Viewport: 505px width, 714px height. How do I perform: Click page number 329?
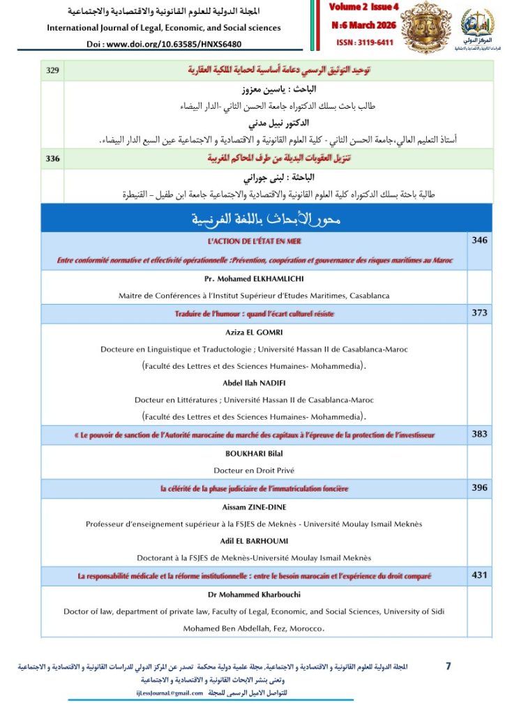click(52, 70)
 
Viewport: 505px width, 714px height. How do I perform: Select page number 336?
click(52, 159)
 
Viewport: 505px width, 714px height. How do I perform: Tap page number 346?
click(479, 241)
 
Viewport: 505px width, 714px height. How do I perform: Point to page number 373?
click(479, 313)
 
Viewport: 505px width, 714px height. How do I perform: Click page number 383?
click(479, 434)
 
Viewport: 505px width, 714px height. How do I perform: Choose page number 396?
click(479, 488)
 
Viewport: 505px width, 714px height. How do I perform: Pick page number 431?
click(479, 575)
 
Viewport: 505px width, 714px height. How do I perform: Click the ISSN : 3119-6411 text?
click(356, 41)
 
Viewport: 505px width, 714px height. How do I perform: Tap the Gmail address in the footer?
click(169, 693)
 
